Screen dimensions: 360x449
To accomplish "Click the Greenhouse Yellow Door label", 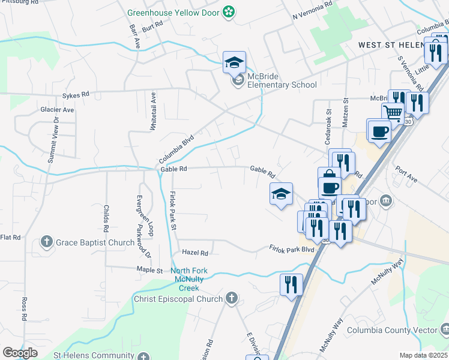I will pyautogui.click(x=174, y=11).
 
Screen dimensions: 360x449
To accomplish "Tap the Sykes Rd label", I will pyautogui.click(x=76, y=95).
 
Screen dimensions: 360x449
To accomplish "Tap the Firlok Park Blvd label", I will pyautogui.click(x=292, y=248).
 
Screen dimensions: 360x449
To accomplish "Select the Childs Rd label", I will pyautogui.click(x=106, y=218).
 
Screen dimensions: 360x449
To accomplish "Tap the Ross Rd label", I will pyautogui.click(x=25, y=308).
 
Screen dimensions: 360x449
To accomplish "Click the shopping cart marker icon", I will pyautogui.click(x=393, y=112).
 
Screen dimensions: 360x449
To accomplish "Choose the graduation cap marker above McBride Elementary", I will pyautogui.click(x=234, y=61).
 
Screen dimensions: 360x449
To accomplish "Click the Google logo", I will pyautogui.click(x=20, y=353).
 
